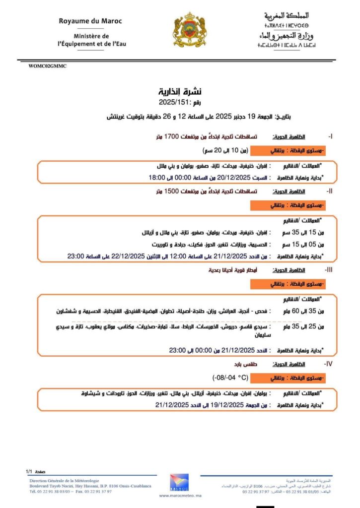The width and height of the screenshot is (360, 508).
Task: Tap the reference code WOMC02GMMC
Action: tap(48, 66)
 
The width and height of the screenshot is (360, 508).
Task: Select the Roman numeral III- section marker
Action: tap(329, 270)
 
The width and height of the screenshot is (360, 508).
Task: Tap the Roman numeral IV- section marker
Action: tap(328, 364)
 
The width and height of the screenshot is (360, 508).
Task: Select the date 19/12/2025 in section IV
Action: tap(225, 405)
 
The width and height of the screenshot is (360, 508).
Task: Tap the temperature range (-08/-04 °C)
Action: tap(230, 377)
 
